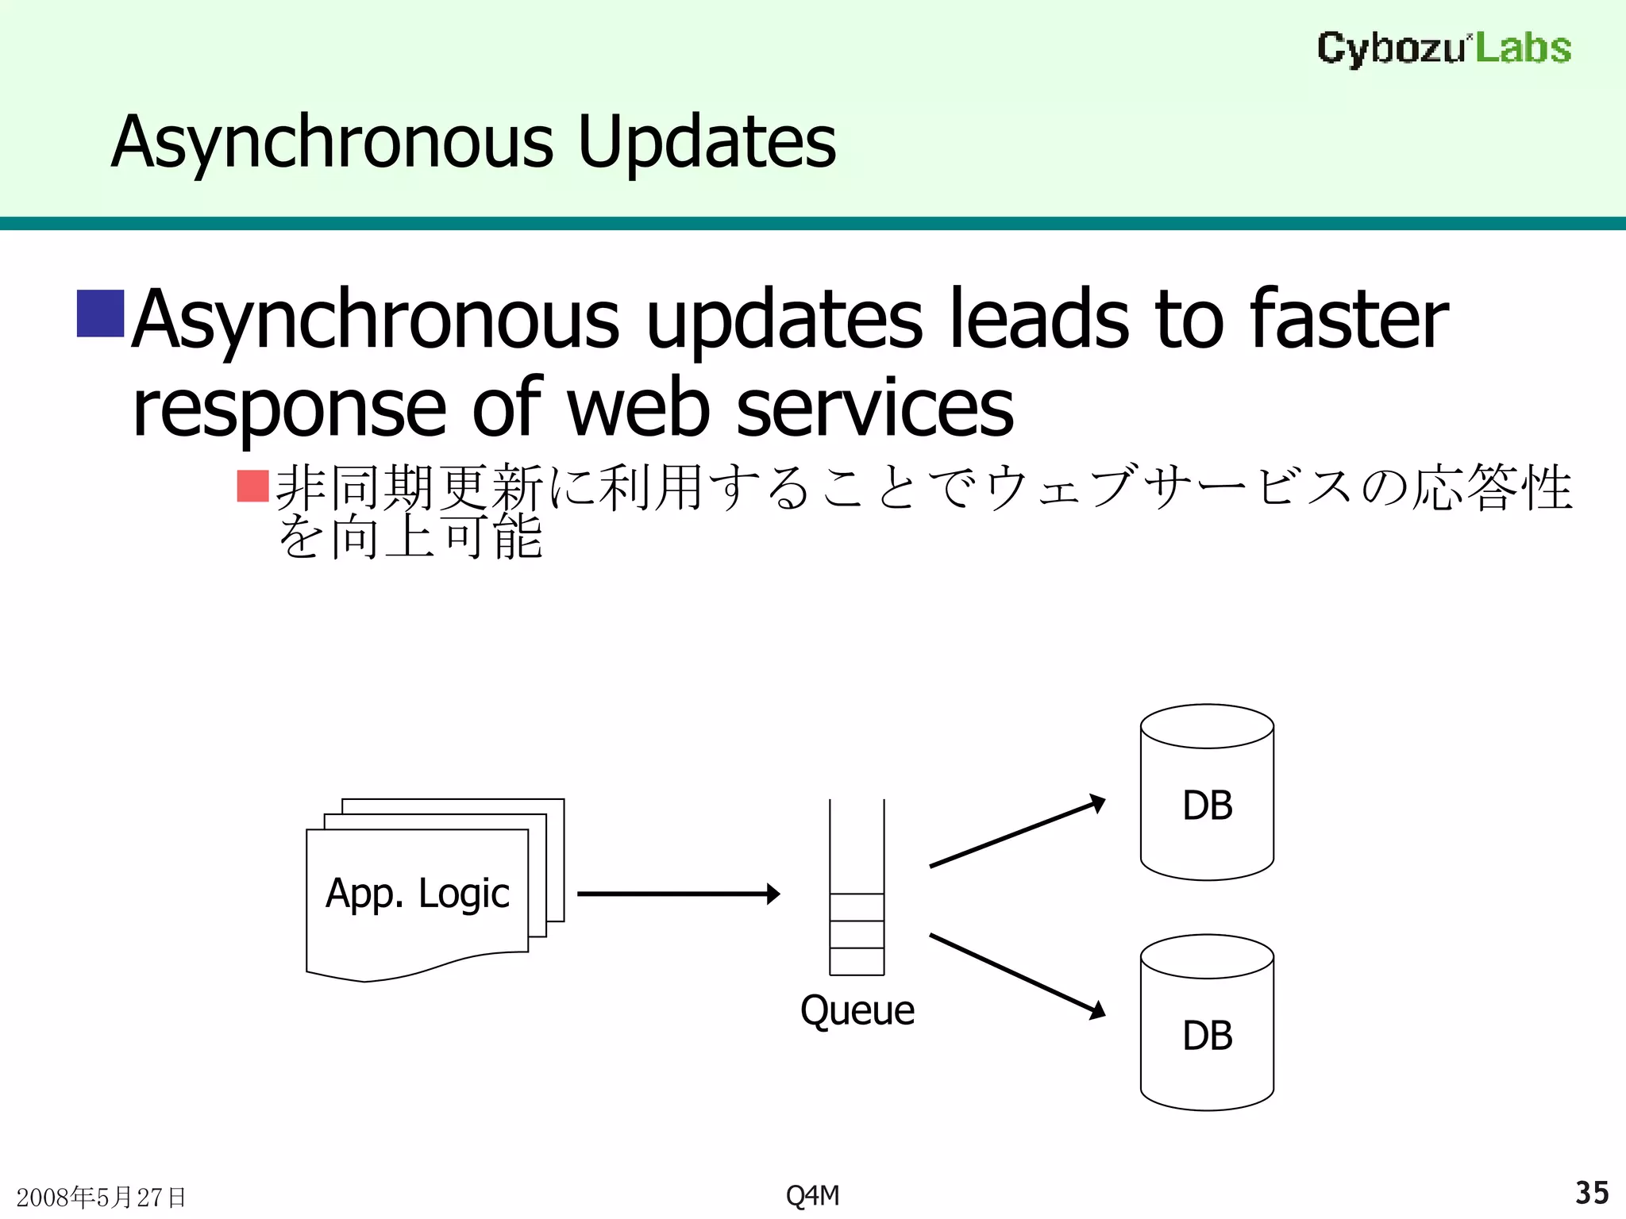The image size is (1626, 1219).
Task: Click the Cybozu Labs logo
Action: coord(1443,48)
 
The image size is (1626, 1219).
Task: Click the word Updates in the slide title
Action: coord(707,142)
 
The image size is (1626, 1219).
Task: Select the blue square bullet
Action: coord(100,313)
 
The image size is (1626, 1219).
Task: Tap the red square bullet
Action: coord(253,486)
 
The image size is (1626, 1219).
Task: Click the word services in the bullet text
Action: coord(875,408)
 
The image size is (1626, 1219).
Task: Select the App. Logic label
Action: coord(418,894)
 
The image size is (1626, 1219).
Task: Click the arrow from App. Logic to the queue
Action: coord(678,894)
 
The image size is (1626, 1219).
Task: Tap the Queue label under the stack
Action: coord(857,1010)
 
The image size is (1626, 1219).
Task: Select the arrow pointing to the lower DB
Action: coord(1017,975)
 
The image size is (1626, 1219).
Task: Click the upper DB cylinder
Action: coord(1207,794)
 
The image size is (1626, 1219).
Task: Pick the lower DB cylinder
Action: coord(1207,1024)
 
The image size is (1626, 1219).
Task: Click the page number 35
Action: coord(1591,1193)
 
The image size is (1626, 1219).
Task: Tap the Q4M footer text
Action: coord(812,1195)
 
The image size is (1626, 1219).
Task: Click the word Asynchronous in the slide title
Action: coord(333,142)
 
